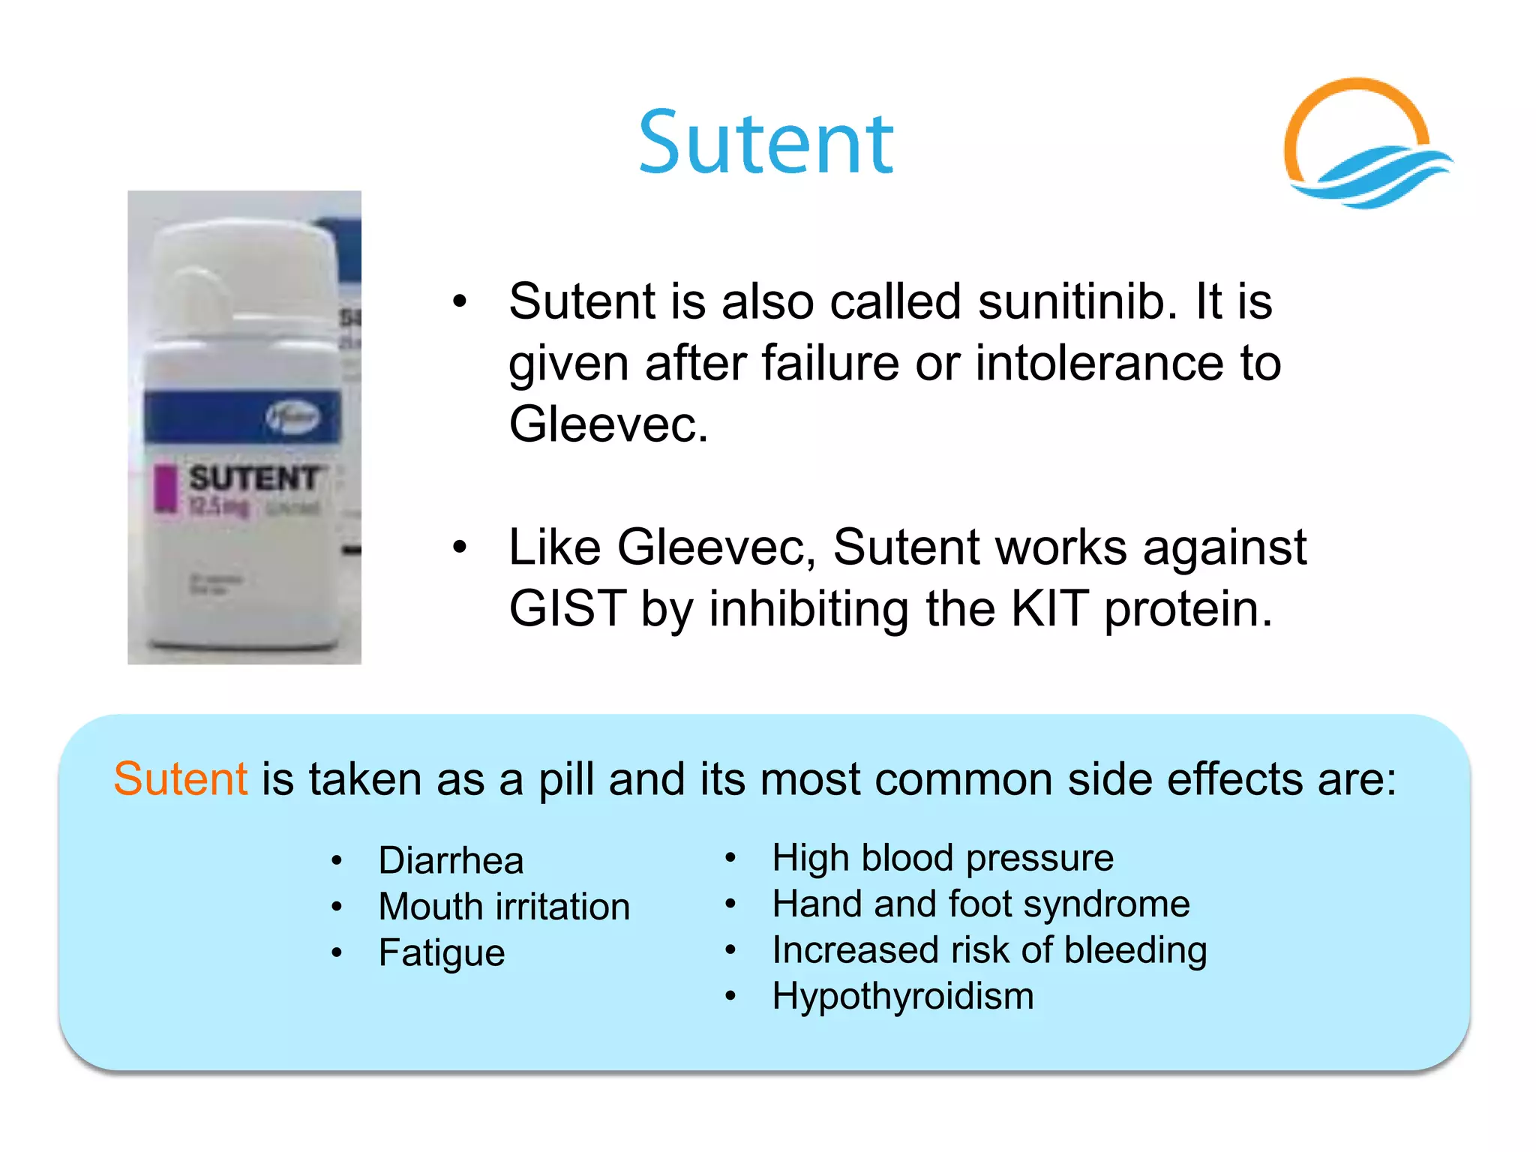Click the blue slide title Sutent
click(766, 142)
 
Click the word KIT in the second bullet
click(1048, 608)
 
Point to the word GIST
click(567, 608)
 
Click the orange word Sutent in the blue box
click(180, 778)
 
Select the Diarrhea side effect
click(451, 860)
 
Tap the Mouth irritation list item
click(504, 907)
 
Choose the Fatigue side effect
click(442, 953)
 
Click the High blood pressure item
click(943, 858)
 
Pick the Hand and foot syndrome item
click(981, 904)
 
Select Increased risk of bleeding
click(989, 950)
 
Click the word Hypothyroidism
click(903, 997)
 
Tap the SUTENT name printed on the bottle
click(254, 478)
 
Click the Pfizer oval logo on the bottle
click(292, 417)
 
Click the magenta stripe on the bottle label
click(164, 488)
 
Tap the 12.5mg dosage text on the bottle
click(218, 508)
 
